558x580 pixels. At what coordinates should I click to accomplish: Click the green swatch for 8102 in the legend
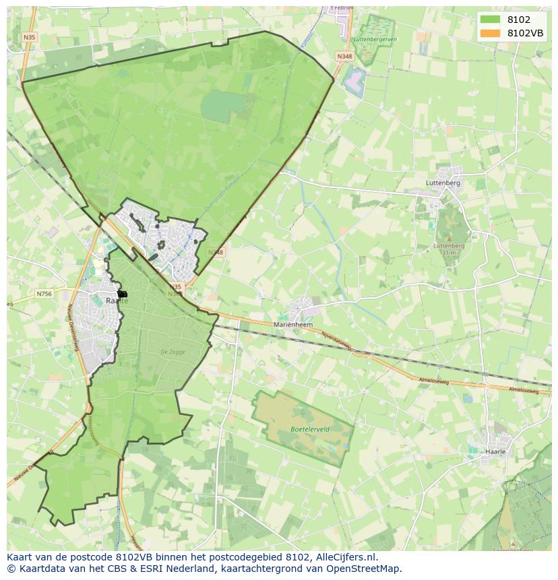point(490,19)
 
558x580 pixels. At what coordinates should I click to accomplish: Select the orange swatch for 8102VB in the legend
point(490,33)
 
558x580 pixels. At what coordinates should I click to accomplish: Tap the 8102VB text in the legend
point(525,33)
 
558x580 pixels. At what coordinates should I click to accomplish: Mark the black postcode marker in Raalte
point(122,294)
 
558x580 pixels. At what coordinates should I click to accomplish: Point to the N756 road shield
point(44,294)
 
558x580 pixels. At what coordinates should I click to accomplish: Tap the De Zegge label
point(173,352)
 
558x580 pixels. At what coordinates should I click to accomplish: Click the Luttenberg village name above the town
point(443,183)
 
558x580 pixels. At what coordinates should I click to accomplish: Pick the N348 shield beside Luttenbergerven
point(344,57)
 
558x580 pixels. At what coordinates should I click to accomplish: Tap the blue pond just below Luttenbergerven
point(354,82)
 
